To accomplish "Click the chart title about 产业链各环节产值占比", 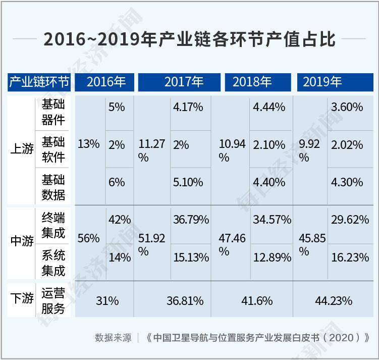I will [x=189, y=39].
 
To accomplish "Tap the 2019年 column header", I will [x=322, y=82].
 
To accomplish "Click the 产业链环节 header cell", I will [x=39, y=82].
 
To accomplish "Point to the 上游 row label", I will [x=22, y=150].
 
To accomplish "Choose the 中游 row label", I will [x=22, y=241].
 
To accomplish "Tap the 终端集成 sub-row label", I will [x=53, y=225].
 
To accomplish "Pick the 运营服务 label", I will [x=53, y=301].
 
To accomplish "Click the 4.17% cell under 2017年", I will [x=188, y=107].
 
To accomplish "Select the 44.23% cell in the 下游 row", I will [x=334, y=301].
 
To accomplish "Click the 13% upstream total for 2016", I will [x=88, y=144].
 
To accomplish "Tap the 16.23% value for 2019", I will [x=350, y=257].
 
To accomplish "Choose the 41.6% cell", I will [x=254, y=301].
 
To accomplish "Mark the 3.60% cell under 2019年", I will [x=347, y=107].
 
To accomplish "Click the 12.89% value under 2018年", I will [x=272, y=257].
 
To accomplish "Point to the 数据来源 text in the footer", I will [x=113, y=338].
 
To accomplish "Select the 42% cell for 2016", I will [x=120, y=220].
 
